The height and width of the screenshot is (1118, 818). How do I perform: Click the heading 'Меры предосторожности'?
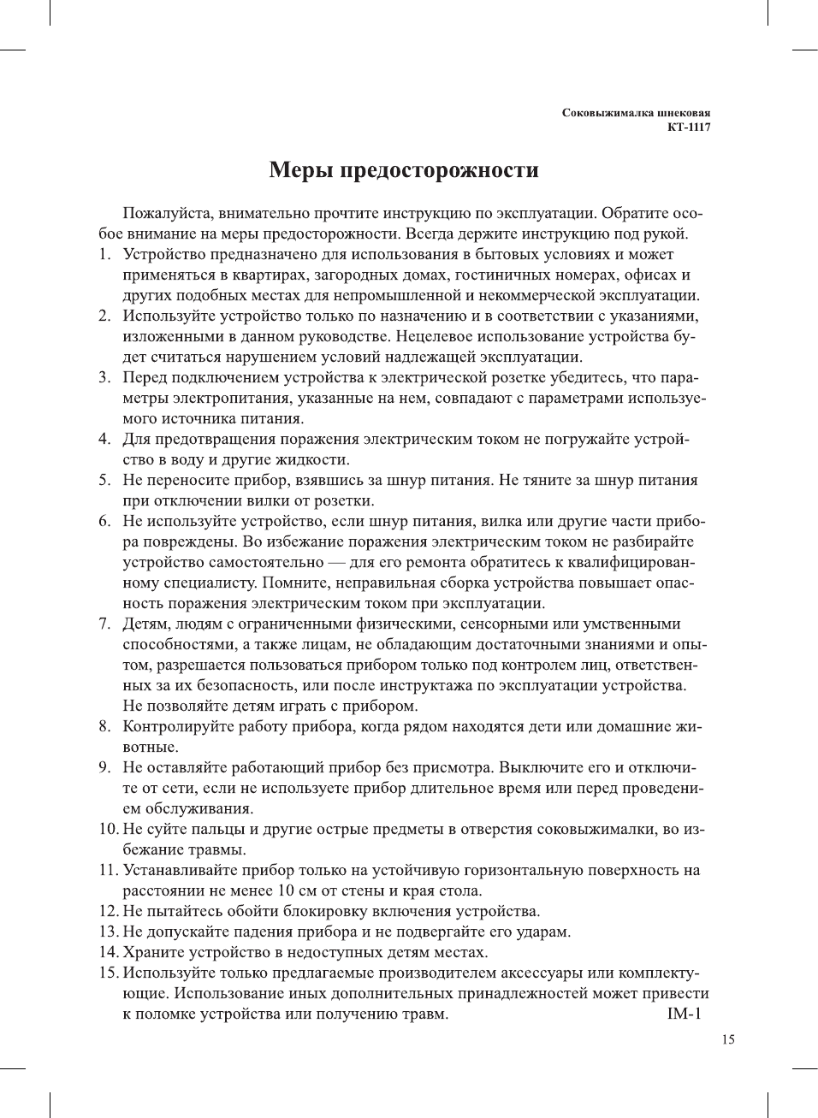point(404,170)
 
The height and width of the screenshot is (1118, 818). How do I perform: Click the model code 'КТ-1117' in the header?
point(689,127)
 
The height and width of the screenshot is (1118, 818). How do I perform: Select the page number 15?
point(727,1039)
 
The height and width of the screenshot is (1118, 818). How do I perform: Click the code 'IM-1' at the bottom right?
point(684,1014)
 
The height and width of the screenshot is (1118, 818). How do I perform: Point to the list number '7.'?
point(104,624)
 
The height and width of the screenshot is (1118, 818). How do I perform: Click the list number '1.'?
point(104,254)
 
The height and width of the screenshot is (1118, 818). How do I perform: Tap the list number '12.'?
point(109,911)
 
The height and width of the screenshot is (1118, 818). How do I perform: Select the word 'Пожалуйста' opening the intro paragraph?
point(167,213)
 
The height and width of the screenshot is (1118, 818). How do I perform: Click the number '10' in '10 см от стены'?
point(286,890)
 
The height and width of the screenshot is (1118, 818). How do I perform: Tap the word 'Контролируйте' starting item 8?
point(180,726)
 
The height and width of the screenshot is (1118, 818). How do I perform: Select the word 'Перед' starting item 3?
point(145,377)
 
